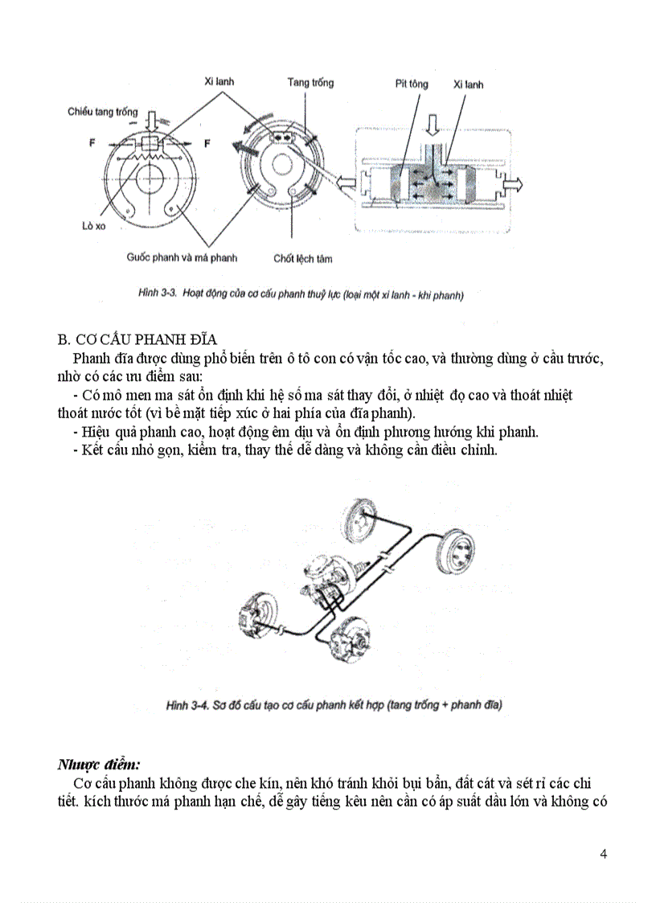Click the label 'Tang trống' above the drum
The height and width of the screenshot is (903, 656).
coord(310,83)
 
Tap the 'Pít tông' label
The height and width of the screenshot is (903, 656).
coord(411,84)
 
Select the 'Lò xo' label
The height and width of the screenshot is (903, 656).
coord(94,226)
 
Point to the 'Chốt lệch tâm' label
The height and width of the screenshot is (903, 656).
coord(302,259)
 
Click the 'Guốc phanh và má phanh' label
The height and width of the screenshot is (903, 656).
coord(182,258)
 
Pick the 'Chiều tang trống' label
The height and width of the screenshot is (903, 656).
coord(102,112)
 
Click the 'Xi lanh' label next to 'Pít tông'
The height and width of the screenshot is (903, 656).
coord(468,84)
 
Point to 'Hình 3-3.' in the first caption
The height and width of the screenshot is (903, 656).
coord(158,295)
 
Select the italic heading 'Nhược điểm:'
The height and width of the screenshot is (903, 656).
coord(99,764)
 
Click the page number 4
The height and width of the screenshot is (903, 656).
coord(604,853)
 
